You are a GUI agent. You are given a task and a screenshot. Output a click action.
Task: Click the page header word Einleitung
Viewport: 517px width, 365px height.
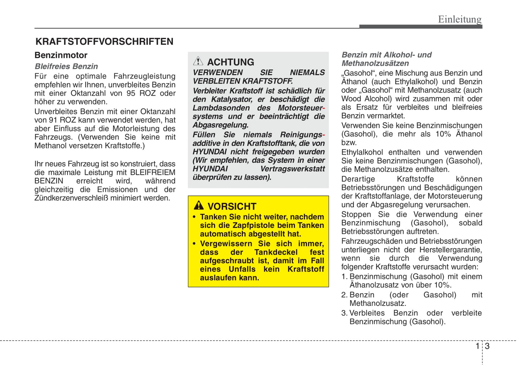[x=460, y=19]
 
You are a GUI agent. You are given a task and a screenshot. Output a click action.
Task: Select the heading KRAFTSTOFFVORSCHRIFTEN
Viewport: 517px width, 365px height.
[x=104, y=42]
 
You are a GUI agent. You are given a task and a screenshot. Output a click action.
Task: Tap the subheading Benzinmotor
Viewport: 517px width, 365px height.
[x=61, y=55]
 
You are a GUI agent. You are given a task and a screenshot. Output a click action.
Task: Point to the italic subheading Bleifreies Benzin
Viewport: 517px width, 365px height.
[x=66, y=66]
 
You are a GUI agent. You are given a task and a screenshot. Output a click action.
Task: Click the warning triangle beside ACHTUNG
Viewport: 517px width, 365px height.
[x=198, y=61]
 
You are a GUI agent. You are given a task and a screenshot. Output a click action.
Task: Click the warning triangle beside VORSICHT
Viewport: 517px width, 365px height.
[x=199, y=206]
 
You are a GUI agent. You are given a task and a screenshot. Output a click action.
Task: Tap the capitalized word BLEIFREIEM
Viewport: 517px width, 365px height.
[x=153, y=172]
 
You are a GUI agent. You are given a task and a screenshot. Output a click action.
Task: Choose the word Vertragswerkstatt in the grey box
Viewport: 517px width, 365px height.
[x=292, y=169]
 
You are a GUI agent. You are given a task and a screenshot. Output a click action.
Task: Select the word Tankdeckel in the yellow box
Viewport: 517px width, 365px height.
[x=276, y=252]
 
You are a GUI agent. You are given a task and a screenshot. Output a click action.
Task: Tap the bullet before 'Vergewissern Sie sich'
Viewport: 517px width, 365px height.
[x=194, y=244]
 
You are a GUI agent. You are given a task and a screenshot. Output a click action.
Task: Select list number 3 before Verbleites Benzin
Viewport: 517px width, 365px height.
[x=344, y=313]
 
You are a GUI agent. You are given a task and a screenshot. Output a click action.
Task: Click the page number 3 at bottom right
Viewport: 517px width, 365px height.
[x=487, y=346]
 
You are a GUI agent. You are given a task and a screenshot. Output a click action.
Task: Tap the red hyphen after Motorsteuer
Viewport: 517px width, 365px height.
[x=323, y=108]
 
